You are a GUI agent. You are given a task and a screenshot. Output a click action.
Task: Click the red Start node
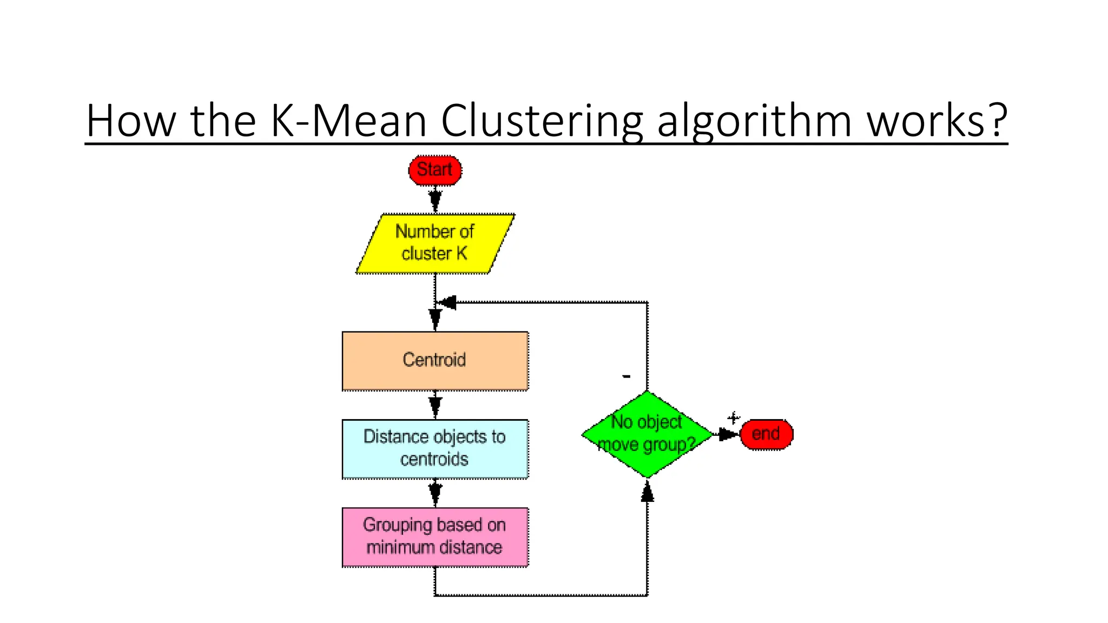(435, 170)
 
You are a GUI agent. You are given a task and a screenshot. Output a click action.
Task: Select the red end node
(766, 434)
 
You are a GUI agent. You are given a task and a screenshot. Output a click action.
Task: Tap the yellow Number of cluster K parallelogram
(435, 243)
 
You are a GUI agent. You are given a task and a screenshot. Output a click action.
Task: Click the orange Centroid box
(435, 361)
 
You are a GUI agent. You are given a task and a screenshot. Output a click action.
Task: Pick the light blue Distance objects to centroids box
(435, 449)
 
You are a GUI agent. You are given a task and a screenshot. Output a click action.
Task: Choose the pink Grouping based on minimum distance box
(435, 537)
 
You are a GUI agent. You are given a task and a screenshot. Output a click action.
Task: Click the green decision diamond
(647, 434)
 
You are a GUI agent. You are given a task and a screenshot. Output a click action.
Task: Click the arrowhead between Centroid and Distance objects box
(435, 405)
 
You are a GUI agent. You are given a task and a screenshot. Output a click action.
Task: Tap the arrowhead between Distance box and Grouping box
(435, 492)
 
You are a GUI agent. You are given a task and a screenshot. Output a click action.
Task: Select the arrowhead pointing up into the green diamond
(647, 492)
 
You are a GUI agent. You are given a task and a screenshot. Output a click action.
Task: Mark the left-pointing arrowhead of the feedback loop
(449, 303)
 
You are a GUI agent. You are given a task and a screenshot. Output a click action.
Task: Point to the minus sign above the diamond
(626, 376)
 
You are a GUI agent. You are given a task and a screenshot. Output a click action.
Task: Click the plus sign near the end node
(733, 418)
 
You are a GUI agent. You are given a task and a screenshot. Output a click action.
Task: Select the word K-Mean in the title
(349, 121)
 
